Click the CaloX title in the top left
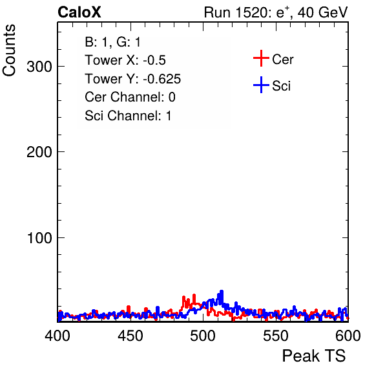click(79, 12)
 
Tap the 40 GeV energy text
click(323, 12)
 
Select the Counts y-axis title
click(9, 50)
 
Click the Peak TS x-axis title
click(314, 356)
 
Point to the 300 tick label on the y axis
click(39, 67)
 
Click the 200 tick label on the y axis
click(39, 152)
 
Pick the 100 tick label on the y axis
click(39, 238)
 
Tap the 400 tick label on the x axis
click(57, 335)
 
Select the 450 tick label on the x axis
click(130, 335)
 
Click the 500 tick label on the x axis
click(203, 335)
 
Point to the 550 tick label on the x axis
click(275, 335)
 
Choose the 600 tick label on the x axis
click(348, 335)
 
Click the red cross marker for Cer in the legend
click(261, 58)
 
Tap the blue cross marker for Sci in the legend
click(261, 85)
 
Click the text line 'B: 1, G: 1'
click(112, 42)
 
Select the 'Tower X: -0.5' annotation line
click(125, 60)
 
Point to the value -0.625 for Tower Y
click(162, 79)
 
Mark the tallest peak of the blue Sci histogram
click(222, 291)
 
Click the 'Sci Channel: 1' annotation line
click(128, 116)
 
